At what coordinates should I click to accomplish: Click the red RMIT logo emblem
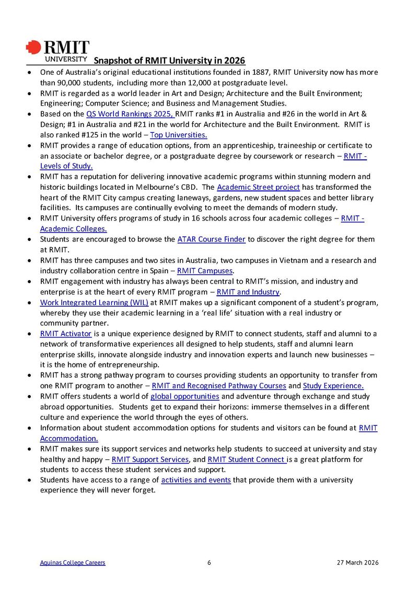click(33, 48)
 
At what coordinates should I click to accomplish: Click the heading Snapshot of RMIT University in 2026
click(169, 61)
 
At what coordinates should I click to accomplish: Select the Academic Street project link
click(258, 187)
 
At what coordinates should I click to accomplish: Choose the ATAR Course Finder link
click(211, 239)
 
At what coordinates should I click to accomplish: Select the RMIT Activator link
click(66, 333)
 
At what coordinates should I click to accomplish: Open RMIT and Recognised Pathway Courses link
click(219, 386)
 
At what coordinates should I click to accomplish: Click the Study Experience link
click(333, 386)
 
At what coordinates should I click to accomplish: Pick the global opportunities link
click(184, 396)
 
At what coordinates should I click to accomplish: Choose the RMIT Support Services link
click(150, 459)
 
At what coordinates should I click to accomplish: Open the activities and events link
click(196, 480)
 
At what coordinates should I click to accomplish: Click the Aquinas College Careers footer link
click(73, 563)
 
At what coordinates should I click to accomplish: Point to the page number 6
click(209, 563)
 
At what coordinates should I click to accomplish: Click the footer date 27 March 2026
click(357, 563)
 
